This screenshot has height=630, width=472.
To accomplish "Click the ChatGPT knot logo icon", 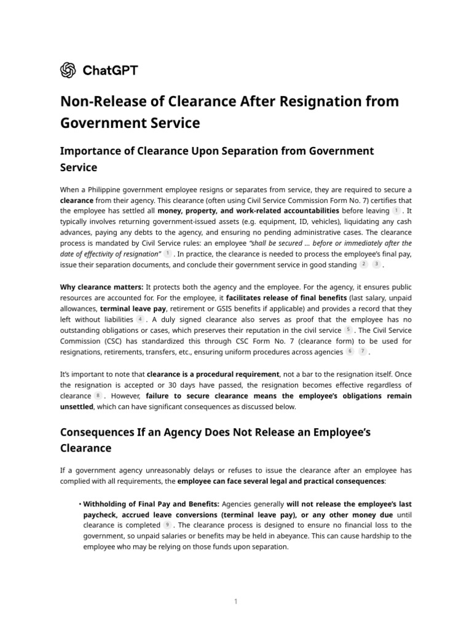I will tap(68, 70).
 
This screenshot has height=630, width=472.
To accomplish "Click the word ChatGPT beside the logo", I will tap(110, 70).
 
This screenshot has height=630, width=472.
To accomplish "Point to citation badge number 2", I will tap(364, 265).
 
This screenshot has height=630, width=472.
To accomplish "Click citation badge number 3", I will tap(377, 265).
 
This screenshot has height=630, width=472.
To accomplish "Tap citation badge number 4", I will tap(141, 320).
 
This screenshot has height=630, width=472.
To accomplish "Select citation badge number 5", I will tap(348, 331).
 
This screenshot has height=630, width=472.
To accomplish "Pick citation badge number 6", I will tap(350, 352).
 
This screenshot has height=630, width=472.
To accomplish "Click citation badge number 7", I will tap(363, 352).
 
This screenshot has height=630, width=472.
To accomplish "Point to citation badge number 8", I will tap(98, 396).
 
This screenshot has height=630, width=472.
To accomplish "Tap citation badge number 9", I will tap(167, 525).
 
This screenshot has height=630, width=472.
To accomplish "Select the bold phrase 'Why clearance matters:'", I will tap(101, 287).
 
